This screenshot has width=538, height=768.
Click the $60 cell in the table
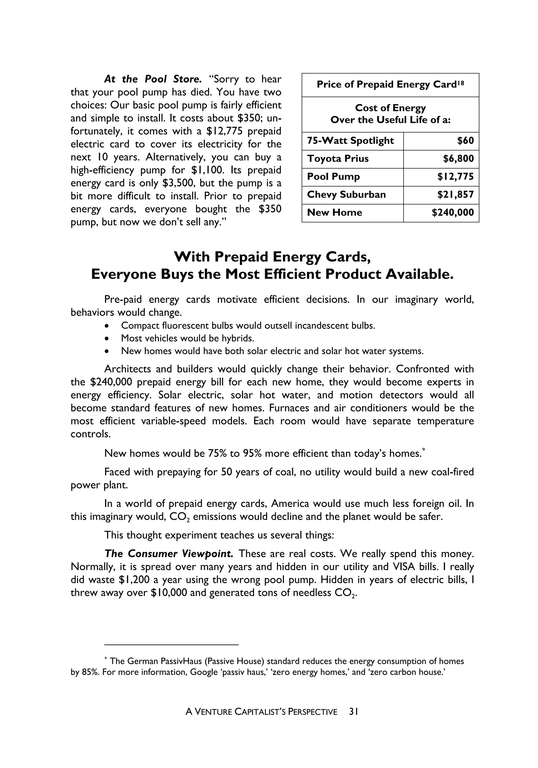[x=465, y=140]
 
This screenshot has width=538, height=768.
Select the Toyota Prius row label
[x=338, y=159]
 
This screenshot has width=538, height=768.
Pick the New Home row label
[x=334, y=213]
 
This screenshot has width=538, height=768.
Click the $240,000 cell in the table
[x=453, y=213]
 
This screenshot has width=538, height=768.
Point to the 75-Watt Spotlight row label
[x=350, y=140]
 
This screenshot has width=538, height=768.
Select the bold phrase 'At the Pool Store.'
[x=153, y=79]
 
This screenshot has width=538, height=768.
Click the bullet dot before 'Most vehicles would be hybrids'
[x=106, y=339]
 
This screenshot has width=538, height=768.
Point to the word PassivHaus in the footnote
[x=181, y=661]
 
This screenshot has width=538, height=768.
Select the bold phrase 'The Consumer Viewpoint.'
[x=168, y=554]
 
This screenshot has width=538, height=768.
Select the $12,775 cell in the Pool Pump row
[x=455, y=177]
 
